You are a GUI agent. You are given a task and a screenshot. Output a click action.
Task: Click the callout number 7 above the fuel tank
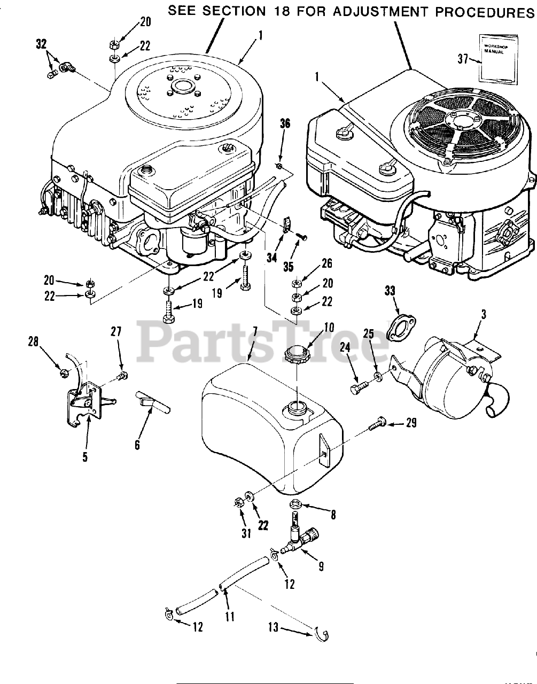click(x=255, y=332)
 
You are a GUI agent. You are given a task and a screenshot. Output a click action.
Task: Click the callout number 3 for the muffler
click(x=482, y=315)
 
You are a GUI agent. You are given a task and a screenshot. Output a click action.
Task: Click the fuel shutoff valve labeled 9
click(x=300, y=538)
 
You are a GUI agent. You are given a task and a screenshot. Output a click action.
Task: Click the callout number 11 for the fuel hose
click(x=230, y=616)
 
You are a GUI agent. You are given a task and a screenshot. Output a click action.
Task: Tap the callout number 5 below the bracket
click(x=85, y=456)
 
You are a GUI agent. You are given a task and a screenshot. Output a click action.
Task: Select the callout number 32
click(x=41, y=44)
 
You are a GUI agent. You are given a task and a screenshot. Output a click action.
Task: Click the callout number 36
click(x=285, y=123)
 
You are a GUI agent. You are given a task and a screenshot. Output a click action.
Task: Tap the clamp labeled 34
click(x=285, y=223)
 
